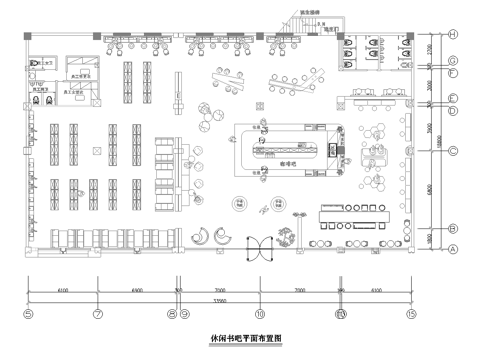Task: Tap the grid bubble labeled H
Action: pyautogui.click(x=453, y=35)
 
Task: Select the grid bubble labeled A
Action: pyautogui.click(x=453, y=248)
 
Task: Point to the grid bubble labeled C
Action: pyautogui.click(x=453, y=151)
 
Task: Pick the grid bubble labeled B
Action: pyautogui.click(x=453, y=227)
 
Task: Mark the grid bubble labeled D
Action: pyautogui.click(x=453, y=109)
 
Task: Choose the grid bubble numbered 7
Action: pyautogui.click(x=98, y=313)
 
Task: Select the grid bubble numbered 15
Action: pyautogui.click(x=411, y=313)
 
